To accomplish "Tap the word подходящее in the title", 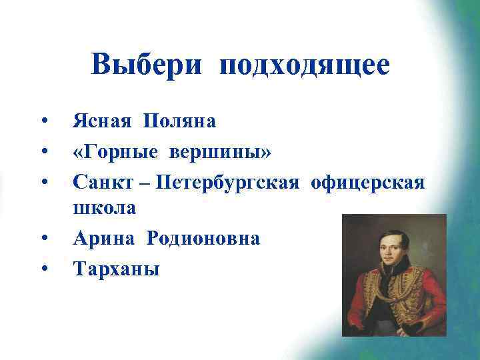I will pos(304,66).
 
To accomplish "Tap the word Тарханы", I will pos(116,268).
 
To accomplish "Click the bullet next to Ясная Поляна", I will pos(43,121).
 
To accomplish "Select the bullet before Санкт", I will pos(43,181).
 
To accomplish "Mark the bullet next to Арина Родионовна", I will pos(43,239).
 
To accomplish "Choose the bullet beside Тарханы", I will pos(43,269).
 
